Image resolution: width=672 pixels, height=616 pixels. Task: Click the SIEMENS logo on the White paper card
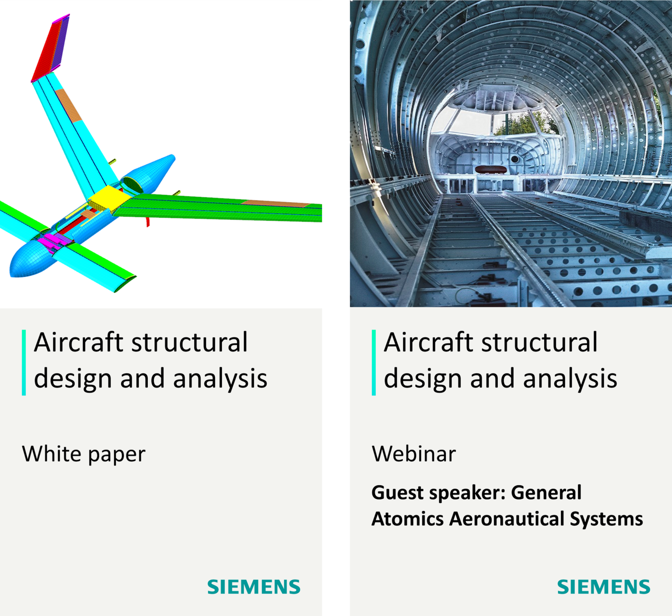point(254,587)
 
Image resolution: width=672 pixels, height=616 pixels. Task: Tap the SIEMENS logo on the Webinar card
point(604,587)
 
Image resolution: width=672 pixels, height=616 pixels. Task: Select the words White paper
point(84,454)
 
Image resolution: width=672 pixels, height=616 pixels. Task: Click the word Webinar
point(414,454)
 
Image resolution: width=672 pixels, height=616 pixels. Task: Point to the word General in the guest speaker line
point(546,493)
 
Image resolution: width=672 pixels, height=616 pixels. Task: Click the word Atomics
point(408,519)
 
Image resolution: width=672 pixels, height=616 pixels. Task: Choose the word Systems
point(606,519)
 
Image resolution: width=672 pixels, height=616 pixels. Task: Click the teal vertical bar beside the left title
point(24,363)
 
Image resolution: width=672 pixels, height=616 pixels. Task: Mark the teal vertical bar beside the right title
point(374,363)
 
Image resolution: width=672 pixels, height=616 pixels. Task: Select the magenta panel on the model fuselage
point(50,240)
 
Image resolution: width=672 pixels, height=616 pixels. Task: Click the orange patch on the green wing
point(276,203)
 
